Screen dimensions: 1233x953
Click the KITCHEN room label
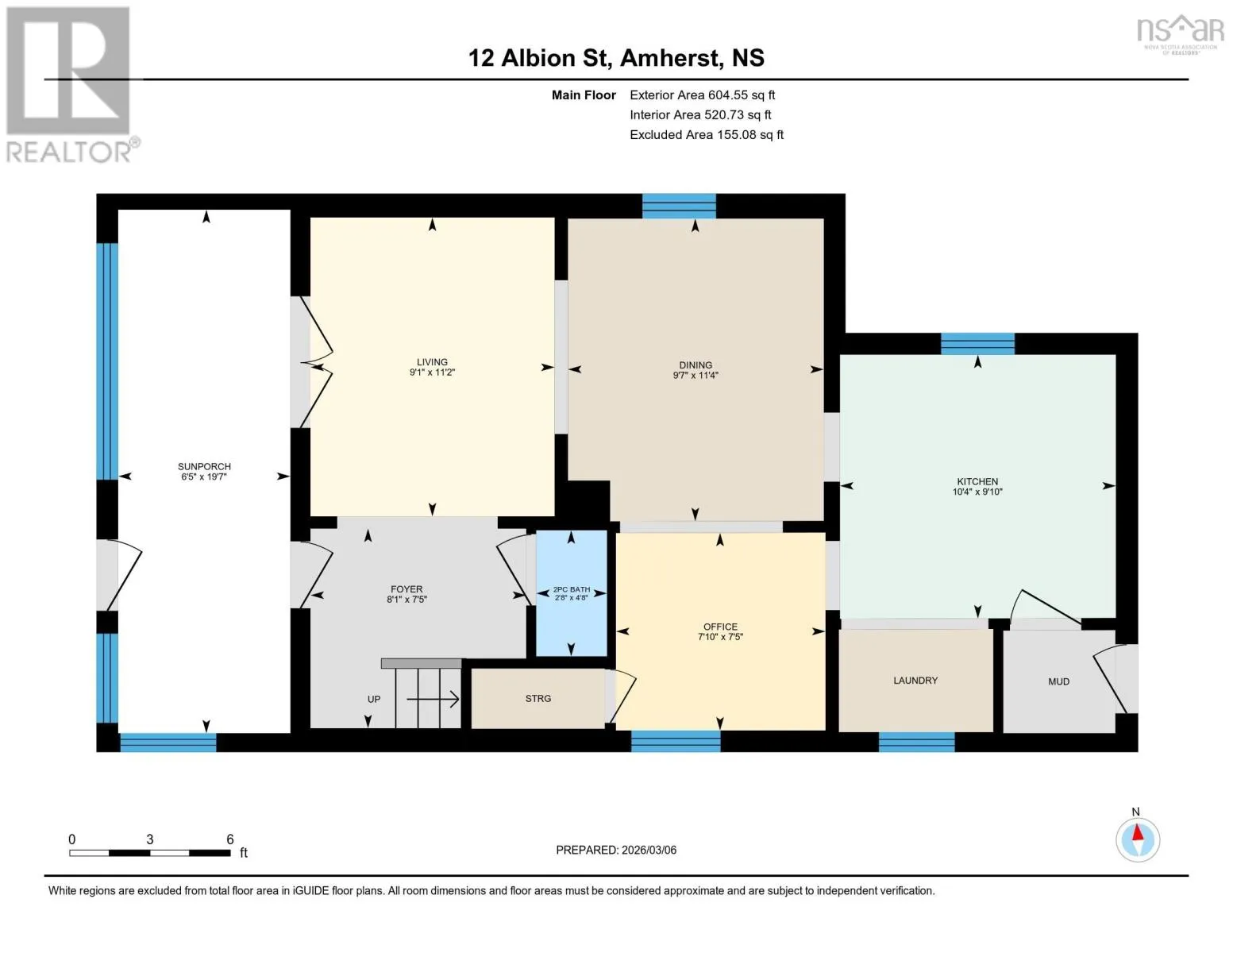pos(977,481)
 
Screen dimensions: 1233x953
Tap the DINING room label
pos(695,365)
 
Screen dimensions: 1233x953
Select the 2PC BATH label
pos(572,589)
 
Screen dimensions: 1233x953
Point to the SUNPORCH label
pos(204,466)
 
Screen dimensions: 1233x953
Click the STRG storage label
pos(538,698)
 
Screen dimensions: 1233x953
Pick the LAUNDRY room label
pos(915,680)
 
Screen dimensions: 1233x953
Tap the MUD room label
pos(1059,681)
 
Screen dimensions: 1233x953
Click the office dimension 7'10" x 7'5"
pos(720,637)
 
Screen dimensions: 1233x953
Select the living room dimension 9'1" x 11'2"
pos(433,372)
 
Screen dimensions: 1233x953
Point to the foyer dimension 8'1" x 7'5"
pos(407,599)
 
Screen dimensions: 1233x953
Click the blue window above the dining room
pos(679,206)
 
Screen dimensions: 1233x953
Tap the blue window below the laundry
pos(916,742)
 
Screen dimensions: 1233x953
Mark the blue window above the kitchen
pos(977,344)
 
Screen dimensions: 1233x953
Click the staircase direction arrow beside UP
pos(433,700)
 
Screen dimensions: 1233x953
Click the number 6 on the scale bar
pos(229,839)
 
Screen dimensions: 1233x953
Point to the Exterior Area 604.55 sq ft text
pos(702,95)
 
